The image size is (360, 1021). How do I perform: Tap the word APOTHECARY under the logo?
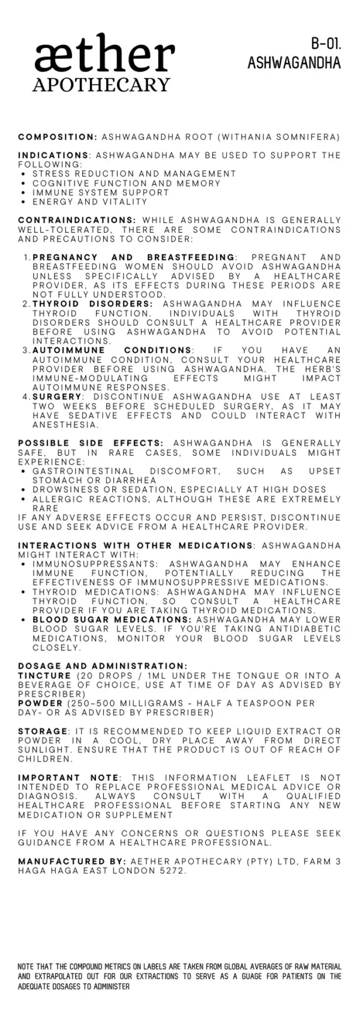click(x=101, y=85)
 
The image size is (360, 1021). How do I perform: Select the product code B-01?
click(x=326, y=43)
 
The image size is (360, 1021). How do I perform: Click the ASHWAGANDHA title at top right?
click(x=294, y=62)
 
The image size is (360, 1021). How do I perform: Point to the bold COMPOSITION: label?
click(x=58, y=137)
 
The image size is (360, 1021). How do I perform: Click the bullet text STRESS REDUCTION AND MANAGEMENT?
click(x=134, y=173)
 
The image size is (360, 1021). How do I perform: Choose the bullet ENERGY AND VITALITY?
click(x=90, y=202)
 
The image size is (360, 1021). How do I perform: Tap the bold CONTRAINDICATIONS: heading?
click(x=77, y=220)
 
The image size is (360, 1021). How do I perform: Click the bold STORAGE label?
click(x=43, y=731)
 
